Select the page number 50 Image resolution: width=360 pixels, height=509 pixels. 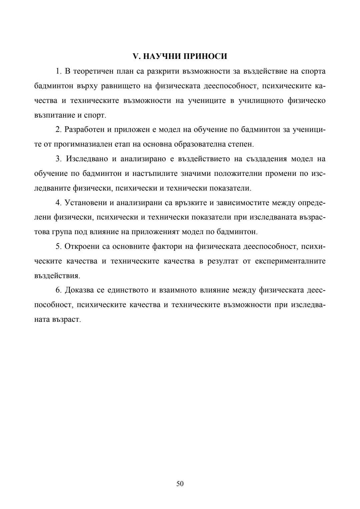[x=180, y=483]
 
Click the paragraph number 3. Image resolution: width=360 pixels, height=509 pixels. [x=58, y=159]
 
